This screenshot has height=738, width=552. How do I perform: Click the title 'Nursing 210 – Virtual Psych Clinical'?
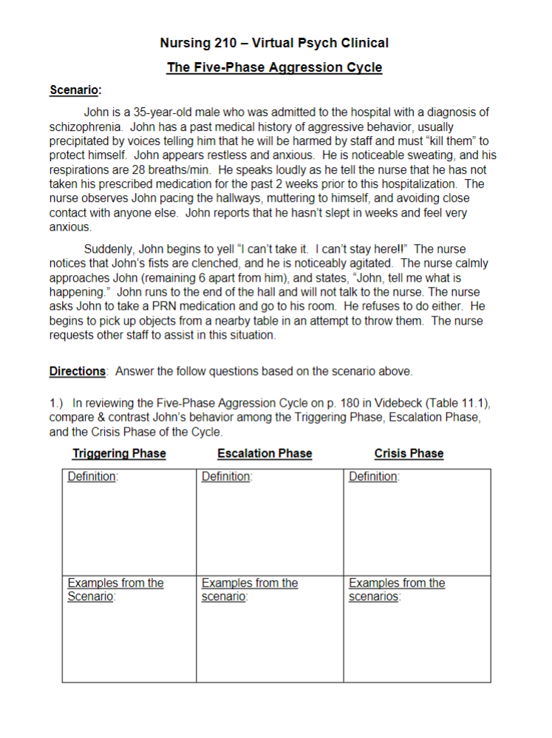coord(274,43)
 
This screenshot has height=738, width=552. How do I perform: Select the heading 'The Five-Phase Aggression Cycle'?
coord(274,68)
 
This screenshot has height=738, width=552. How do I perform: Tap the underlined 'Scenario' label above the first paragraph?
coord(74,90)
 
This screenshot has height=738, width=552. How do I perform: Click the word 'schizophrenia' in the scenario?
coord(83,127)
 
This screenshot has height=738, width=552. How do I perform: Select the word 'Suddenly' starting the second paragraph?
coord(108,249)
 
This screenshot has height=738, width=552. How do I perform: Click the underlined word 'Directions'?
coord(78,371)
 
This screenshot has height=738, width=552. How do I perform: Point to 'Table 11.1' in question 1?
coord(460,404)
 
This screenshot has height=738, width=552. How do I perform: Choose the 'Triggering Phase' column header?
coord(119,453)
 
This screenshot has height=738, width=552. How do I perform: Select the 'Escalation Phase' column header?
coord(265,453)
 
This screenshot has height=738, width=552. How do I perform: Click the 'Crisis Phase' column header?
coord(409,453)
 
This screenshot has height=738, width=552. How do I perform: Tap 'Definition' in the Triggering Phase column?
coord(92,477)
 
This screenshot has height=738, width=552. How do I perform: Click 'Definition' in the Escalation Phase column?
coord(225,477)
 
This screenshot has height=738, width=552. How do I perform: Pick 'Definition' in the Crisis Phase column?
coord(372,477)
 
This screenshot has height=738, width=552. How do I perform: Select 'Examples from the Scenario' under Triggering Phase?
coord(115,589)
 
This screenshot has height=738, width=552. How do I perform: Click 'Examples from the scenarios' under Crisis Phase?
coord(396,589)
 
